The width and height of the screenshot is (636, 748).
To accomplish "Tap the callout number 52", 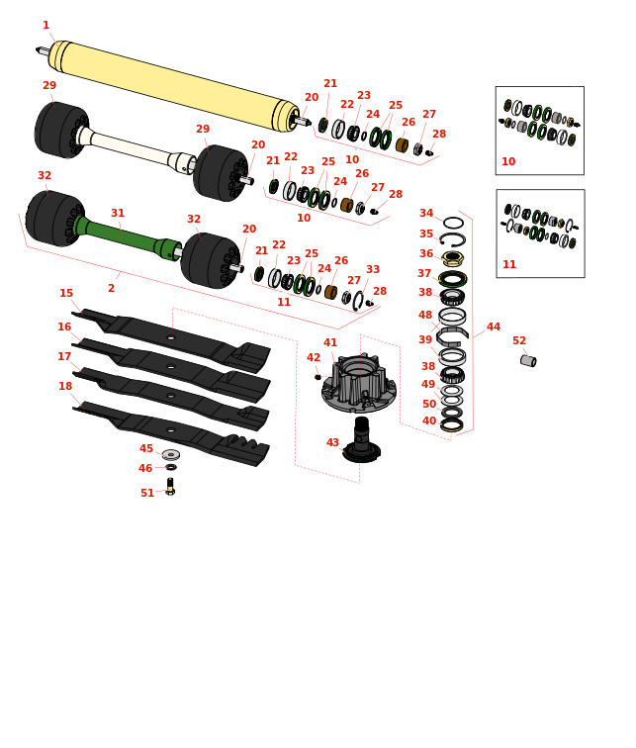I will pyautogui.click(x=519, y=341).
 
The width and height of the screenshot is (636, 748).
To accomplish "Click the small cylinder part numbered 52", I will pyautogui.click(x=528, y=361).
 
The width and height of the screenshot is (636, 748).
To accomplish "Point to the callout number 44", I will pyautogui.click(x=494, y=327).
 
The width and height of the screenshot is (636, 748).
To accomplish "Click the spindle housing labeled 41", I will pyautogui.click(x=359, y=382).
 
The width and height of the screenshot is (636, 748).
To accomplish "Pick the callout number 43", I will pyautogui.click(x=333, y=443).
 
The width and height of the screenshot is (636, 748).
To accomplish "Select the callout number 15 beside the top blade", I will pyautogui.click(x=66, y=294).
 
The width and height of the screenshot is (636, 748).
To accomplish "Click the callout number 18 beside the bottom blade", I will pyautogui.click(x=65, y=387).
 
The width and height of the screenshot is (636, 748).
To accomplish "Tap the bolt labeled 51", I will pyautogui.click(x=170, y=487).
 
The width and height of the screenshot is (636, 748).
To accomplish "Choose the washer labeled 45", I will pyautogui.click(x=171, y=455).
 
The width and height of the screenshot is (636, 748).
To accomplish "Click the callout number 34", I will pyautogui.click(x=426, y=214).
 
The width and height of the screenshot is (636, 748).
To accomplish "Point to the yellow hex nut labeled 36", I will pyautogui.click(x=452, y=257).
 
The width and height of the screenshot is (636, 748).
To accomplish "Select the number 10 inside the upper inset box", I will pyautogui.click(x=508, y=162).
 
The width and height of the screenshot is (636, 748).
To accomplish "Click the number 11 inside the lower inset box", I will pyautogui.click(x=509, y=265).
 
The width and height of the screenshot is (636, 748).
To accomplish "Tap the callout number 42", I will pyautogui.click(x=314, y=358).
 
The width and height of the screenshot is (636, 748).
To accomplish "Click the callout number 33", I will pyautogui.click(x=373, y=270).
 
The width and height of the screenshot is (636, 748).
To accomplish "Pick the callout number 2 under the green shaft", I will pyautogui.click(x=111, y=289).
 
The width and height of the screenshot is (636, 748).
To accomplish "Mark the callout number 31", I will pyautogui.click(x=118, y=214).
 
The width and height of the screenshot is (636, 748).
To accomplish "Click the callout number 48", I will pyautogui.click(x=425, y=316).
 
